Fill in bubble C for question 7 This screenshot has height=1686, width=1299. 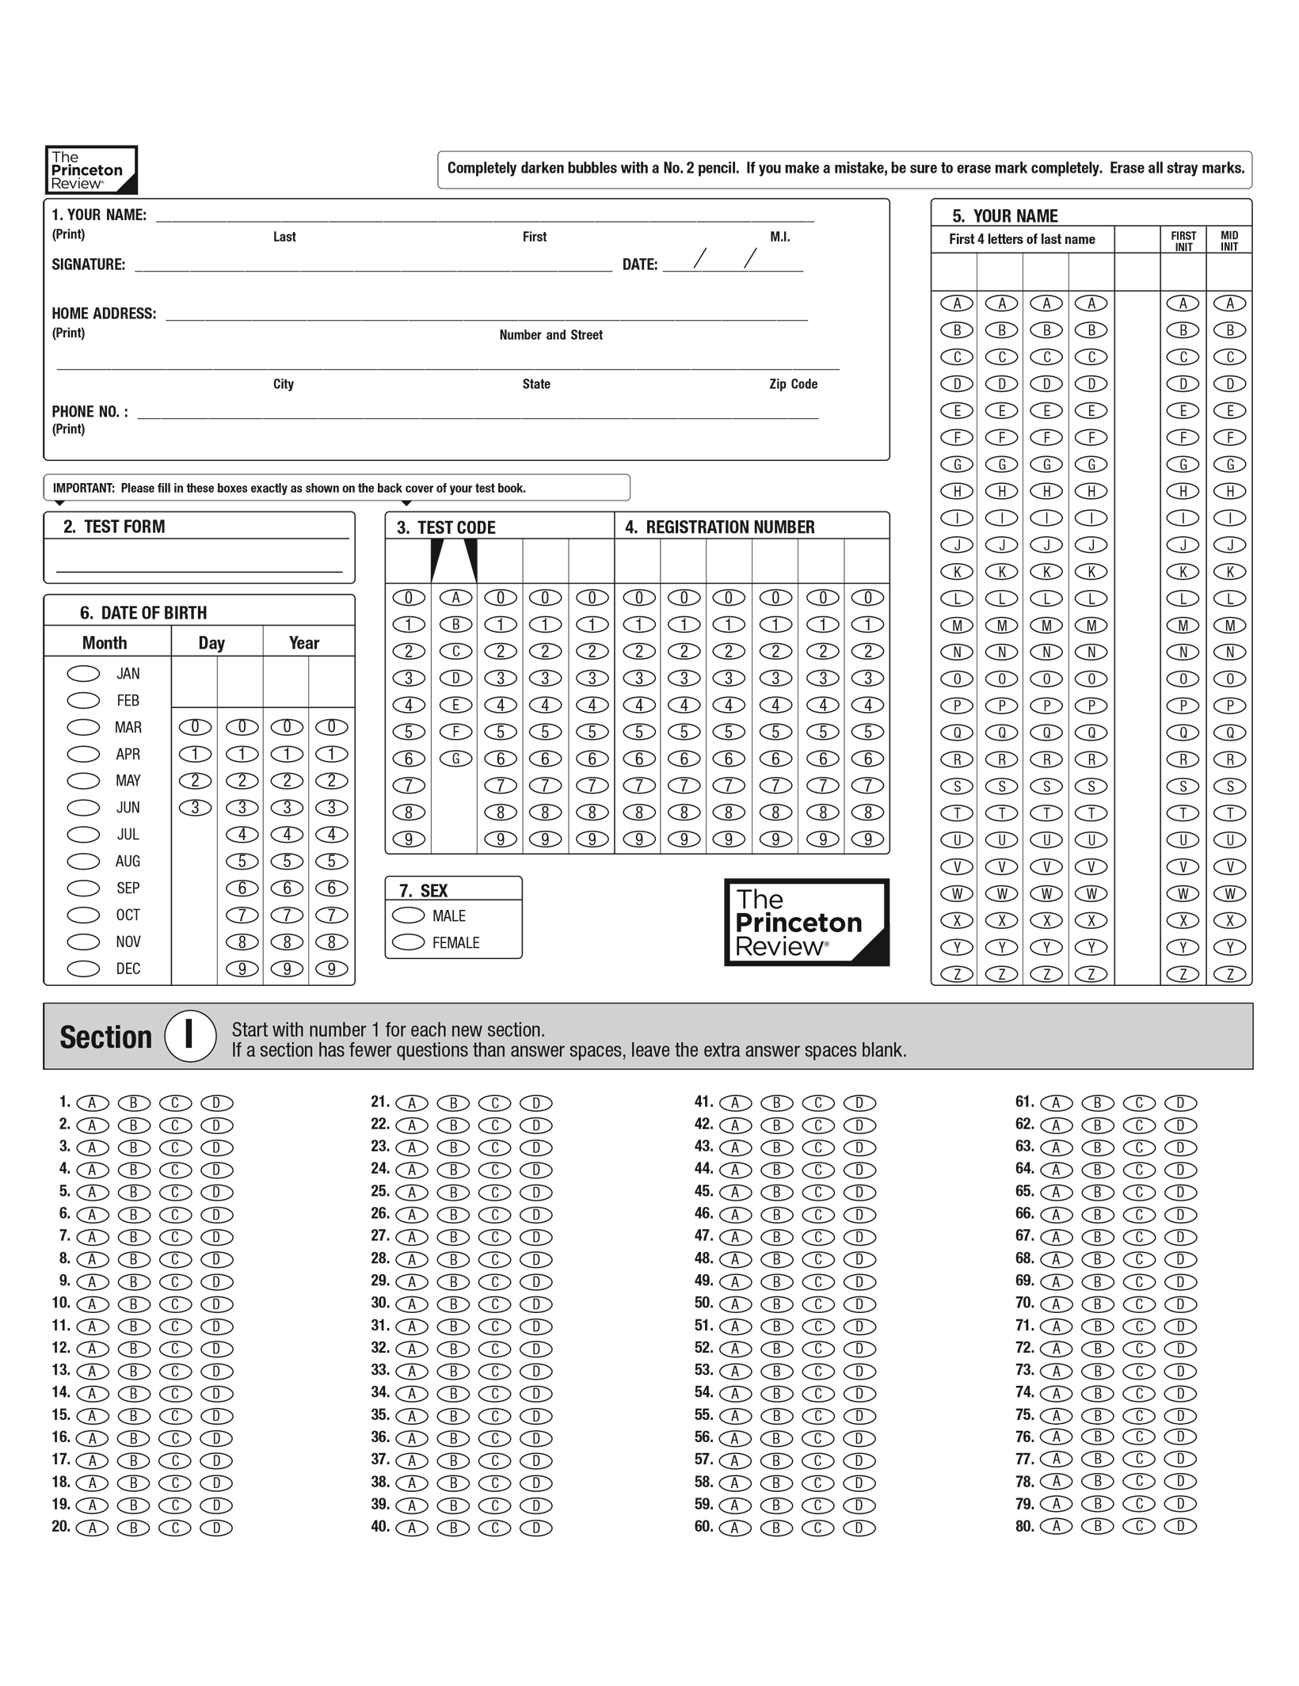pyautogui.click(x=175, y=1237)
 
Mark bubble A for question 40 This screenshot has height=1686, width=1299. pyautogui.click(x=412, y=1528)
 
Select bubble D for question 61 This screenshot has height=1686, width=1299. pyautogui.click(x=1180, y=1102)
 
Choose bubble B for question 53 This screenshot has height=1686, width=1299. pyautogui.click(x=776, y=1371)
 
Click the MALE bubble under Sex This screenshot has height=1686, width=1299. pyautogui.click(x=409, y=915)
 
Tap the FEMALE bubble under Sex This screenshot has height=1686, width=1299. pyautogui.click(x=409, y=942)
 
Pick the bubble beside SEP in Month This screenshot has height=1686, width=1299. pyautogui.click(x=83, y=888)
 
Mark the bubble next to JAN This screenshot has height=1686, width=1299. pyautogui.click(x=83, y=673)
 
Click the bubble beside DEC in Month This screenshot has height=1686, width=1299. pyautogui.click(x=83, y=969)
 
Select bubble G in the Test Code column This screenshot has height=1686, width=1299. pyautogui.click(x=455, y=759)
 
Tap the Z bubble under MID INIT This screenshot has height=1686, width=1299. pyautogui.click(x=1230, y=974)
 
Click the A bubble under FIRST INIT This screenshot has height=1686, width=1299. pyautogui.click(x=1183, y=303)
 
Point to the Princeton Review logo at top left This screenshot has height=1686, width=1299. pyautogui.click(x=91, y=169)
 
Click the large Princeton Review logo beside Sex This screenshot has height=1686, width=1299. pyautogui.click(x=806, y=923)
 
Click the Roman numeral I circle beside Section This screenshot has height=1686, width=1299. pyautogui.click(x=190, y=1036)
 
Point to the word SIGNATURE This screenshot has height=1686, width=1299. pyautogui.click(x=89, y=265)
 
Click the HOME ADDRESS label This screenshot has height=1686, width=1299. pyautogui.click(x=104, y=314)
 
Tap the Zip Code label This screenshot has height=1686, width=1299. pyautogui.click(x=793, y=384)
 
